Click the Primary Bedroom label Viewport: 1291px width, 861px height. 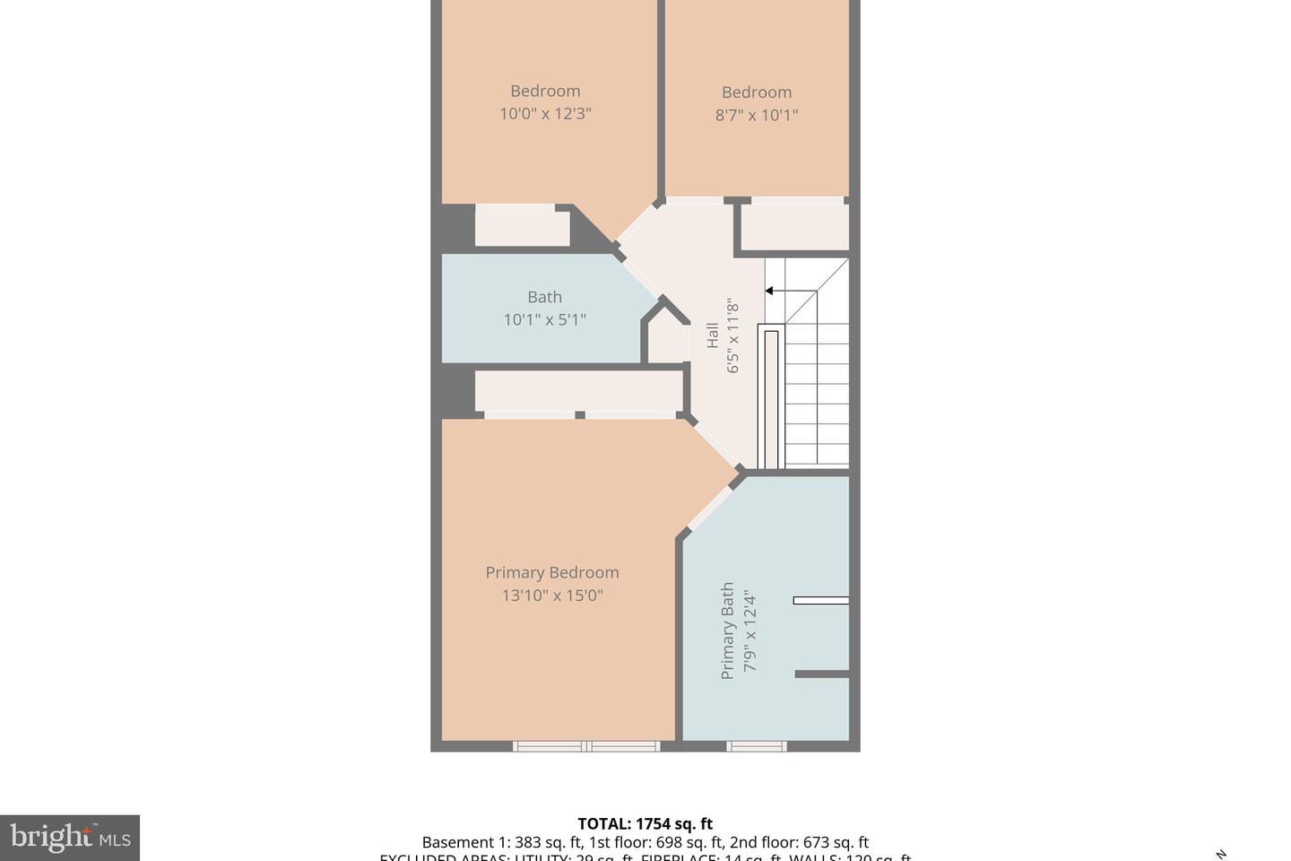552,572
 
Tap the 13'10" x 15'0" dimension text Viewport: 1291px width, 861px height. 552,596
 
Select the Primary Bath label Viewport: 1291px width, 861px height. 728,631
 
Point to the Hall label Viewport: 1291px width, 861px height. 713,335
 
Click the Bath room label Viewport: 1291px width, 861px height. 544,297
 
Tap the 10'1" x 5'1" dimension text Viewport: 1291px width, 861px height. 544,319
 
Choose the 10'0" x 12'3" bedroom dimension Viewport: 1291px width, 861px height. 545,114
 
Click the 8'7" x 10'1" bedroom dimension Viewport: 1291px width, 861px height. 756,115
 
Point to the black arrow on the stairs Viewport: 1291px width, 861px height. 769,291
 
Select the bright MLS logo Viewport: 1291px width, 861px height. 70,838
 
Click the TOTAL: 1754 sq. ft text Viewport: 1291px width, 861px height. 645,823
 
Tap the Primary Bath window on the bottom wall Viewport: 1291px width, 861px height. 756,745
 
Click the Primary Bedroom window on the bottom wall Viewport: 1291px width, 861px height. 586,745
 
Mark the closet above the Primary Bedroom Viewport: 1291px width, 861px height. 578,391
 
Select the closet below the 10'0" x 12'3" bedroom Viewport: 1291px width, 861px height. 522,227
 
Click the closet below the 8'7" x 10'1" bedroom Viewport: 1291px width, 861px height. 794,228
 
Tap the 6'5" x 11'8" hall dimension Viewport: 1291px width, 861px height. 733,335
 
